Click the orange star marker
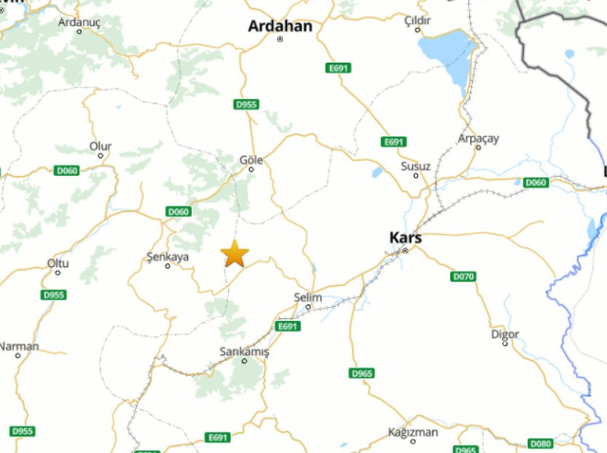click(x=235, y=254)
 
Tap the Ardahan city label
click(x=280, y=27)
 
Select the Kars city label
click(x=405, y=238)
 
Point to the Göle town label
click(x=252, y=159)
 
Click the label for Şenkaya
click(x=167, y=257)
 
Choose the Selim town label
click(x=308, y=297)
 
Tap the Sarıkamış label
click(x=244, y=351)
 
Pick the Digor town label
click(x=505, y=334)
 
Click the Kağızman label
click(x=413, y=432)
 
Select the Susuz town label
click(x=415, y=166)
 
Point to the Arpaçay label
click(x=478, y=139)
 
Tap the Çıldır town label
click(x=417, y=21)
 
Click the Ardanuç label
click(x=79, y=22)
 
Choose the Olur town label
click(x=101, y=146)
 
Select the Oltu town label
click(x=58, y=263)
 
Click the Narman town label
click(x=19, y=346)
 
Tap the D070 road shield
click(x=463, y=277)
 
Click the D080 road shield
click(x=541, y=444)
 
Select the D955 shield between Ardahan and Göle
click(x=247, y=105)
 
